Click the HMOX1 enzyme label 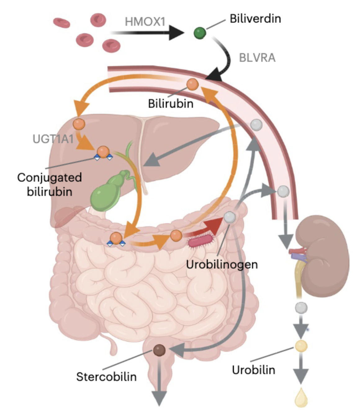145,22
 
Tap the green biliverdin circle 200,33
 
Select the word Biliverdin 255,19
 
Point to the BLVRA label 257,58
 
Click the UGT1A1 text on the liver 53,139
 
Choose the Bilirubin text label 170,103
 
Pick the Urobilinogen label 222,265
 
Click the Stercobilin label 106,377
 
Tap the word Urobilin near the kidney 253,370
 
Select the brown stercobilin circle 159,350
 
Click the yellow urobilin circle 301,346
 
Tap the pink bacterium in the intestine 201,241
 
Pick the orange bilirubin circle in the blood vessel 192,84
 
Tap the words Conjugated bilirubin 49,184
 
